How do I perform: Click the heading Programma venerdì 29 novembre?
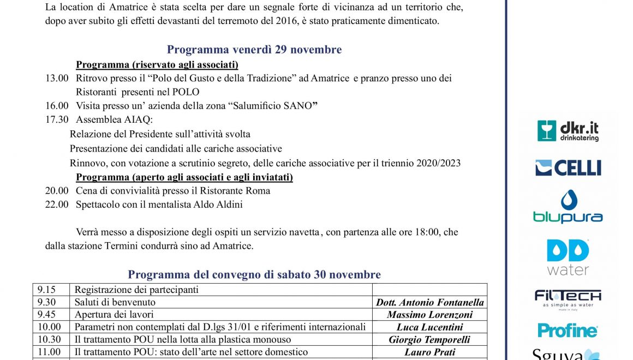point(254,50)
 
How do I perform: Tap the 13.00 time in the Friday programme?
point(57,79)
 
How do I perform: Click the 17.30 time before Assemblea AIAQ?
point(57,119)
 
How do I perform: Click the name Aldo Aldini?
point(219,205)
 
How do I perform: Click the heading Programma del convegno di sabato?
point(254,274)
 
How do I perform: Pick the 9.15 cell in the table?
point(46,290)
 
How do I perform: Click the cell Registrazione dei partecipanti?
point(136,290)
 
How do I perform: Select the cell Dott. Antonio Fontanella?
point(429,302)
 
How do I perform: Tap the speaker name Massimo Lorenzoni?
point(429,315)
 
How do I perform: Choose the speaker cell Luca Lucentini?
point(429,327)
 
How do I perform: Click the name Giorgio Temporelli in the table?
point(429,340)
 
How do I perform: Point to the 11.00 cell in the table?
point(47,352)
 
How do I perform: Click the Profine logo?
point(568,330)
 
